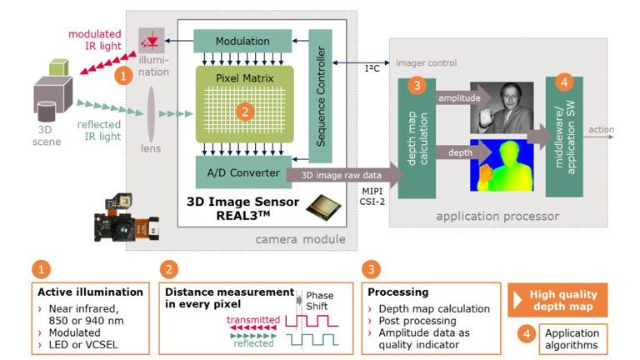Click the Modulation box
click(x=242, y=41)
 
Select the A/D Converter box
click(x=242, y=172)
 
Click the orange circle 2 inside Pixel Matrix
click(x=243, y=110)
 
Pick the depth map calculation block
click(x=417, y=137)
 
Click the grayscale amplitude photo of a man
click(x=502, y=107)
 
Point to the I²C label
click(x=372, y=68)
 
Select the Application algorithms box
click(x=572, y=337)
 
